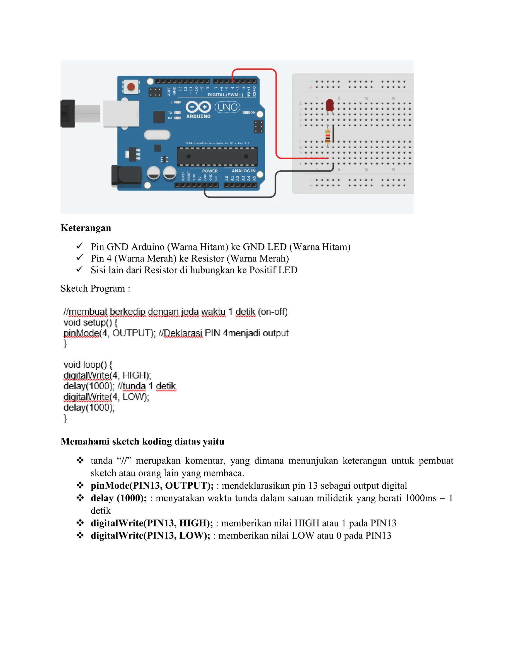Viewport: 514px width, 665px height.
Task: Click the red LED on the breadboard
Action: (330, 105)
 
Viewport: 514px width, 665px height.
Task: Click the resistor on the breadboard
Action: (328, 137)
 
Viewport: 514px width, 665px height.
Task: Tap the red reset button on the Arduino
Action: (131, 87)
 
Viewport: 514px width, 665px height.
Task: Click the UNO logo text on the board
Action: (227, 107)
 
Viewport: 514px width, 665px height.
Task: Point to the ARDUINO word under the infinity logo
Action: (198, 117)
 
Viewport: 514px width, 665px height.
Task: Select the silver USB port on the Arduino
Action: (121, 114)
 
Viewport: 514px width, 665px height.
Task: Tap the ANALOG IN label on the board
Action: (243, 171)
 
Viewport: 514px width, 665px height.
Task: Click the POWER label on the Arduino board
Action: (210, 171)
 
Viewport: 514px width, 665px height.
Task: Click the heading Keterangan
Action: (86, 228)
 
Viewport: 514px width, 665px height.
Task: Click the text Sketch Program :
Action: (95, 288)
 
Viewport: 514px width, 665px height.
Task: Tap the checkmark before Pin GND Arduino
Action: (80, 246)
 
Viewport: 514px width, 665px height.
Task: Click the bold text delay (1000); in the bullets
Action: (118, 498)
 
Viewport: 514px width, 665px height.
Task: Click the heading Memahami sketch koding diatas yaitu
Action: (142, 441)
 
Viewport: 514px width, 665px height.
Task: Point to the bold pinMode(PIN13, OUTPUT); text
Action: (152, 486)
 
